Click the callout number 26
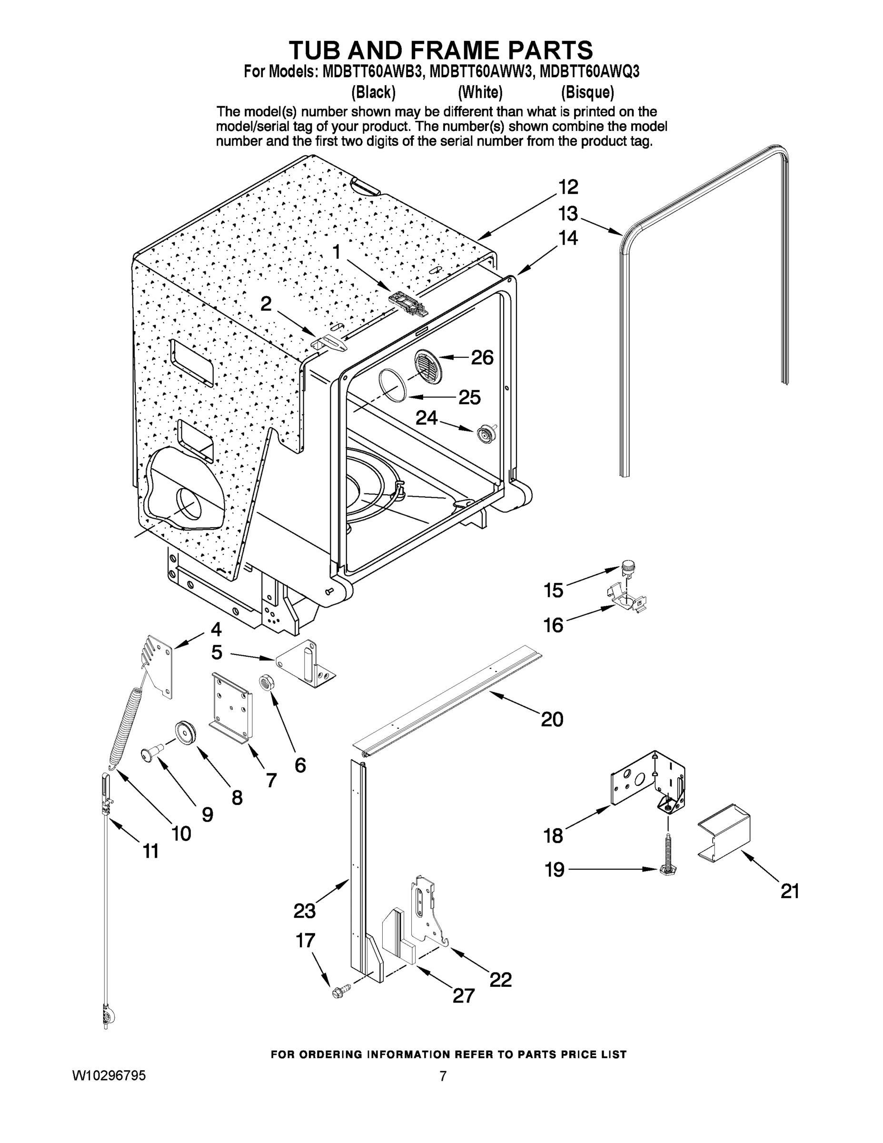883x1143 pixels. [x=482, y=358]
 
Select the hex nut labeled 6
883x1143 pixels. [x=265, y=682]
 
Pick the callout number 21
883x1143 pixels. [x=789, y=891]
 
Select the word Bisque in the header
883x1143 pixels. [x=587, y=93]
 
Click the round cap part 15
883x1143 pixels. [x=627, y=567]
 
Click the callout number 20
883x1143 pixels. [x=552, y=719]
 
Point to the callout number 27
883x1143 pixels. [x=464, y=995]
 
